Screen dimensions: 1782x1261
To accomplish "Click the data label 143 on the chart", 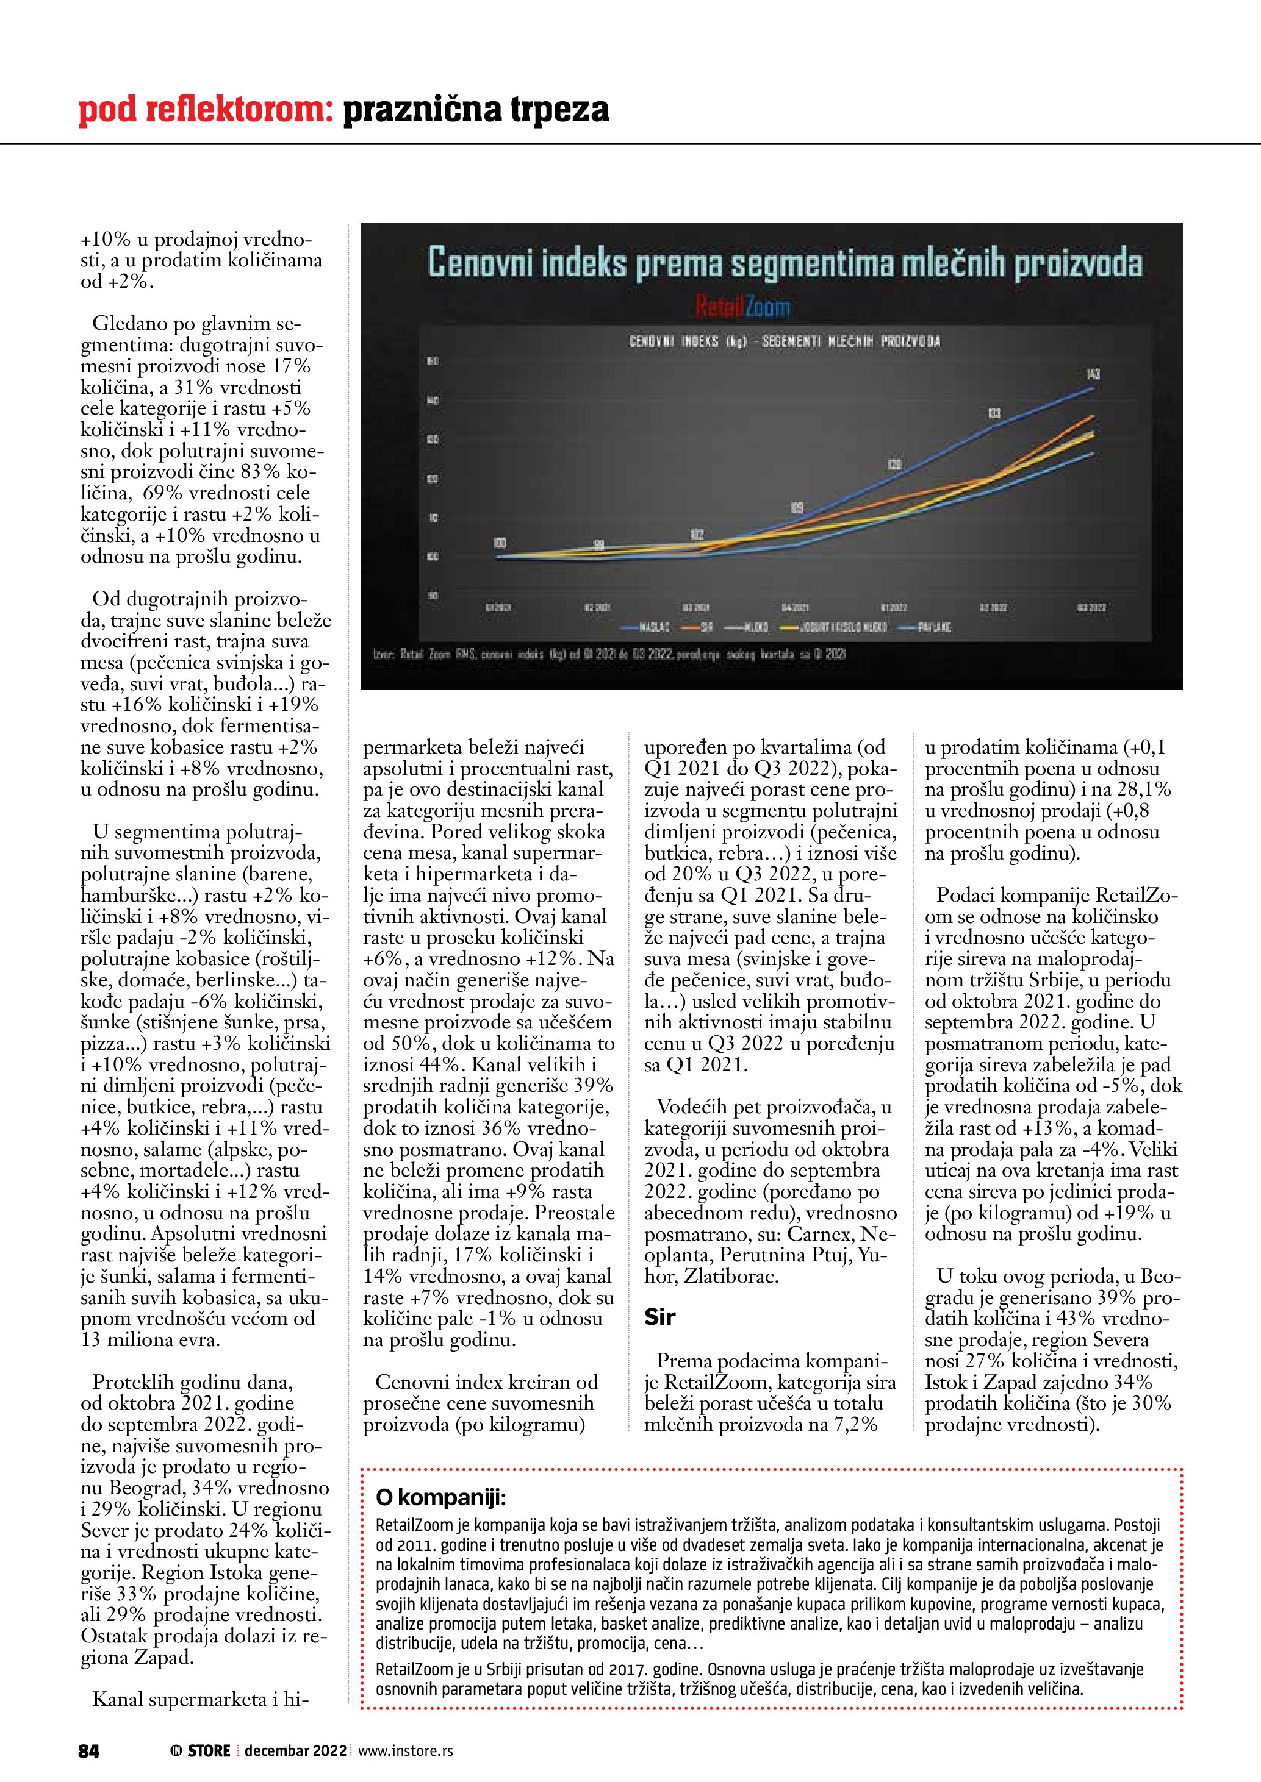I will click(x=1093, y=374).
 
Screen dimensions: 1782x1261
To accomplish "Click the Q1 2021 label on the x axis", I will click(x=498, y=608).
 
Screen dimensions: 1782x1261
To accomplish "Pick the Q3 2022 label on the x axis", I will click(x=1092, y=608).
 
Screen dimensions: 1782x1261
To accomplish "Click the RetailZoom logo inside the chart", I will click(x=743, y=308).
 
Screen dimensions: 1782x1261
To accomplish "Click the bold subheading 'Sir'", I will click(x=659, y=1316).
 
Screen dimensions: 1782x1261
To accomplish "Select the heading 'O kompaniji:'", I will click(x=440, y=1497).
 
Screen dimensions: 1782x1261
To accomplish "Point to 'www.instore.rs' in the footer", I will click(x=405, y=1751).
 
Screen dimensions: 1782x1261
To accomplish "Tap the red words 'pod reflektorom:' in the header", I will click(x=206, y=110).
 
